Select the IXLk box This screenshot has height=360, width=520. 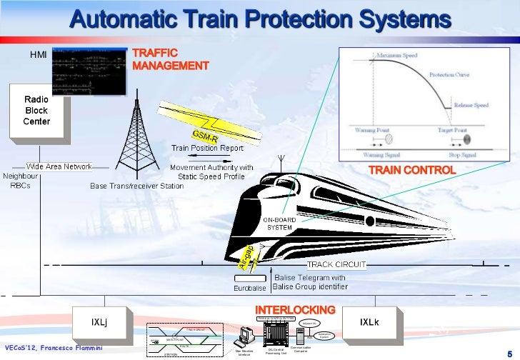369,322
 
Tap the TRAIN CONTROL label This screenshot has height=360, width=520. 411,171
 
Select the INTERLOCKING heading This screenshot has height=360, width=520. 295,310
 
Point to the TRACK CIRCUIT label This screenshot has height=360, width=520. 336,264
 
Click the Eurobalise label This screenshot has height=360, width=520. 250,288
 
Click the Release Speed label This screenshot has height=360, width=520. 471,105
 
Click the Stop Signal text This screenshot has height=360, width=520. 452,154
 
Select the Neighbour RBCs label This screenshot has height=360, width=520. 19,181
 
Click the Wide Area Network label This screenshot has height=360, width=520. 59,166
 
